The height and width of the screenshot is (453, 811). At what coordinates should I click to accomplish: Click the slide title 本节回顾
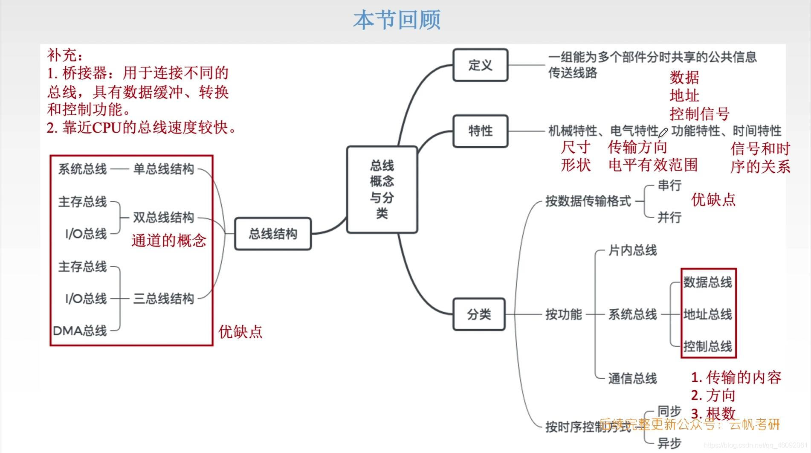point(397,20)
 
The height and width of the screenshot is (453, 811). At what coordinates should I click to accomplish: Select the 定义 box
point(480,65)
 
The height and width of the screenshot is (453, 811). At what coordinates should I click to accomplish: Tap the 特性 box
point(480,131)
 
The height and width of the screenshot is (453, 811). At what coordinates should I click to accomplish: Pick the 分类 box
point(479,314)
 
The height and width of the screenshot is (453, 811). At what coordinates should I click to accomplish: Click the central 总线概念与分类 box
point(382,189)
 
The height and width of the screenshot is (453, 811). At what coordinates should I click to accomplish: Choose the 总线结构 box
point(273,234)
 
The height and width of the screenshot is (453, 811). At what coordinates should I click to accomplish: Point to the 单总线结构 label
point(164,169)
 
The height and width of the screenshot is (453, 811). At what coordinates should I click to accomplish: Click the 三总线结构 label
point(164,299)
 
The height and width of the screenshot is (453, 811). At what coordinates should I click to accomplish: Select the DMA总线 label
point(80,331)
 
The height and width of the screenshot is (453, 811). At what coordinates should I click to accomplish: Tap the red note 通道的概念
point(169,241)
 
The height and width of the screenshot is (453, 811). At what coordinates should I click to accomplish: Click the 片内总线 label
point(632,250)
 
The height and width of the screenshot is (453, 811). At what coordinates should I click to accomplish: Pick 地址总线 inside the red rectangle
point(707,314)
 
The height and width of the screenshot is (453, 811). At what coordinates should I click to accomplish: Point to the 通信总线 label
point(632,378)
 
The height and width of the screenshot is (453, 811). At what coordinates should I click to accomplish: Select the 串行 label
point(669,186)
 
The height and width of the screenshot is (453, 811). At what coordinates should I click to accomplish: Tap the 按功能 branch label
point(564,314)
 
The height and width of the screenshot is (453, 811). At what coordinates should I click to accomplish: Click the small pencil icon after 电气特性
point(663,132)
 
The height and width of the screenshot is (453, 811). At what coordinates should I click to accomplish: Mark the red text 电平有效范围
point(653,165)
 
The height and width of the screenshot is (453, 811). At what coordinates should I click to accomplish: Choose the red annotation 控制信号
point(699,114)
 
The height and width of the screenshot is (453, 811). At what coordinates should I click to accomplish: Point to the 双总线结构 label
point(164,218)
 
